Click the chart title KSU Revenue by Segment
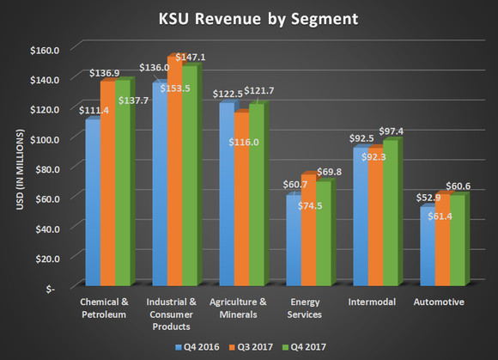tap(249, 18)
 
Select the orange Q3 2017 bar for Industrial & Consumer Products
tap(174, 172)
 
